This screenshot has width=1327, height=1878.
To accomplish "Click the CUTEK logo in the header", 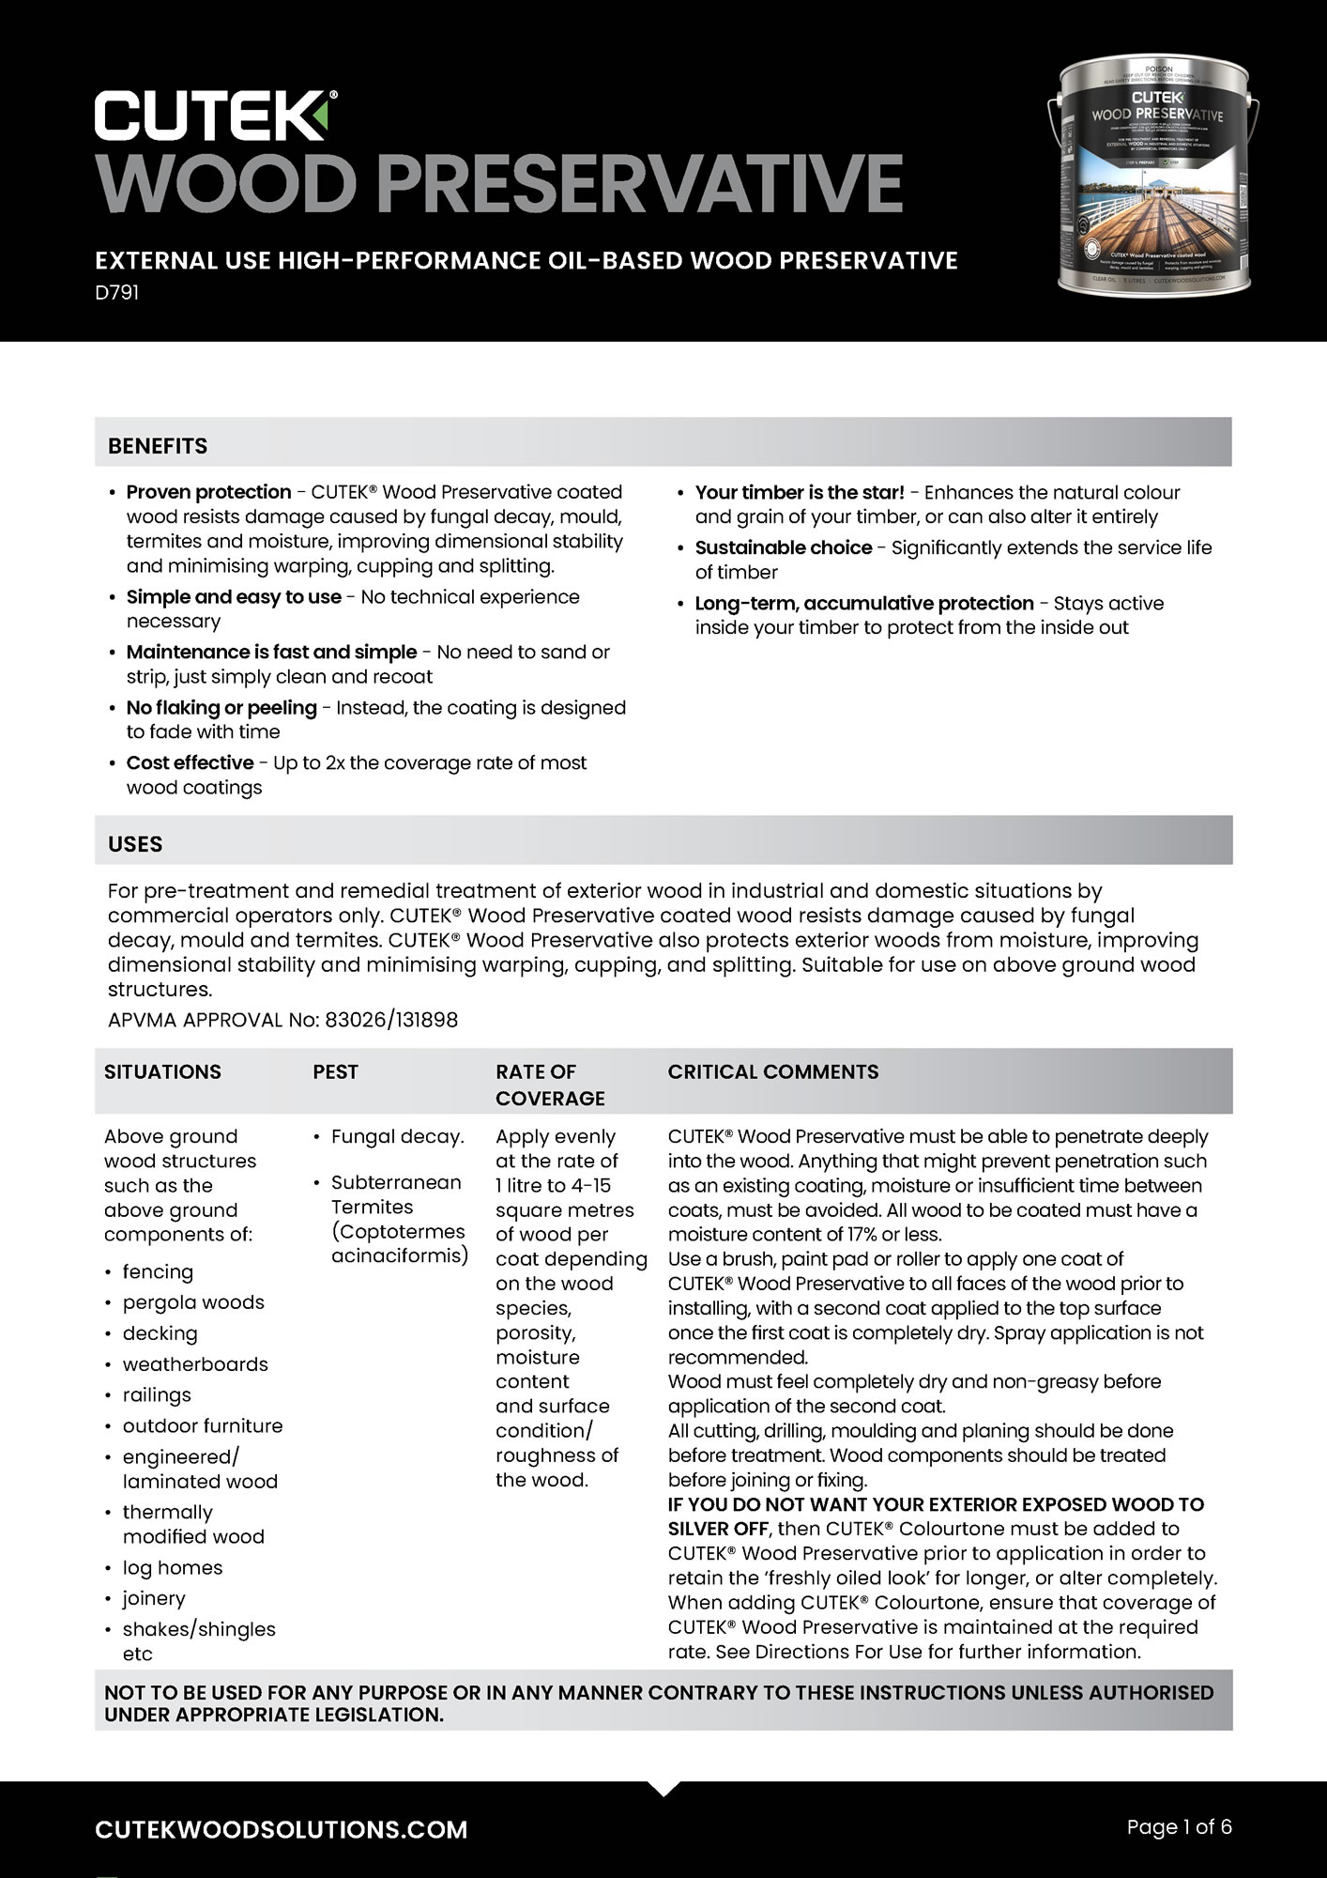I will click(x=216, y=115).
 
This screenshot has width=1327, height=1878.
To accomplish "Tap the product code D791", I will click(x=117, y=293).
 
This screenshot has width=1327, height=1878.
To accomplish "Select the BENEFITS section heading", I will click(x=158, y=446).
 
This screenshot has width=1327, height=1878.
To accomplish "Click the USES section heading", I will click(x=135, y=844).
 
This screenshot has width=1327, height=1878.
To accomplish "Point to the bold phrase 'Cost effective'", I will click(x=191, y=762).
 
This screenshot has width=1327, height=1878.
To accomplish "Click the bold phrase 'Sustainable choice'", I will click(x=784, y=547).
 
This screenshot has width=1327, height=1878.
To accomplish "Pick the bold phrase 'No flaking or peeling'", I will click(x=221, y=707).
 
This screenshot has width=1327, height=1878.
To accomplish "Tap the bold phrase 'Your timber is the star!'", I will click(x=800, y=492).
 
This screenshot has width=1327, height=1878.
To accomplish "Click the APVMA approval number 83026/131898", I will click(x=391, y=1020).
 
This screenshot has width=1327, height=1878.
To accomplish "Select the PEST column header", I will click(x=335, y=1071).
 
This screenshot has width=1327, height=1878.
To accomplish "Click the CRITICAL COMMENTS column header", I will click(x=773, y=1071).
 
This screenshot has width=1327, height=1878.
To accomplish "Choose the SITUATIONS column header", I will click(x=162, y=1071).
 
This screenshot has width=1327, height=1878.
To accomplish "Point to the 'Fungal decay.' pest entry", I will click(x=397, y=1136).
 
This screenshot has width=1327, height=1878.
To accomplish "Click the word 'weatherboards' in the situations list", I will click(x=195, y=1363).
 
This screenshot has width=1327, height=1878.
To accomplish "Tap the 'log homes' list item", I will click(x=173, y=1567).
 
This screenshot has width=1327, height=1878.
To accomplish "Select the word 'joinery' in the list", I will click(x=154, y=1598).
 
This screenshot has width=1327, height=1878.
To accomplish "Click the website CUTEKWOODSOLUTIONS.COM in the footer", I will click(x=282, y=1829).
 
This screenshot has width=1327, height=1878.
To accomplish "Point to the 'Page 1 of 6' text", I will click(x=1179, y=1826).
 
